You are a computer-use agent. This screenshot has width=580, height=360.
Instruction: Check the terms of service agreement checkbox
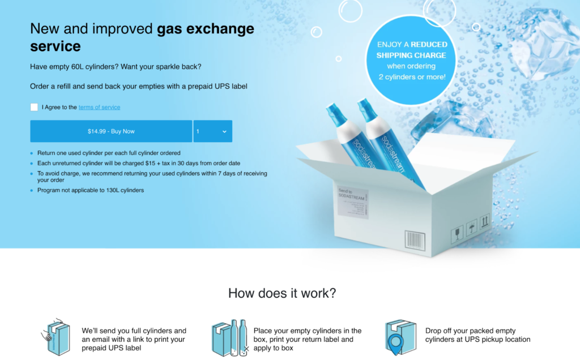click(35, 107)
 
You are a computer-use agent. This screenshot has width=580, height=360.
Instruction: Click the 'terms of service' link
click(99, 108)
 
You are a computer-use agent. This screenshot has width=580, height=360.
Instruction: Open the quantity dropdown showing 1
click(212, 131)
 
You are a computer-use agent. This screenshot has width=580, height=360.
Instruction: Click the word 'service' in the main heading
click(56, 46)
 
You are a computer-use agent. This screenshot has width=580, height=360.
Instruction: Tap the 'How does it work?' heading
click(282, 293)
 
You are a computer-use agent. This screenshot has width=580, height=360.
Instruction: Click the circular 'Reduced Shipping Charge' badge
click(412, 60)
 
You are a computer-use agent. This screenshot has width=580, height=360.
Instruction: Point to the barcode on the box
click(415, 240)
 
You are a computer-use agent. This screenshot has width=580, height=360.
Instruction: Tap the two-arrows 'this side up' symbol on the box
click(485, 221)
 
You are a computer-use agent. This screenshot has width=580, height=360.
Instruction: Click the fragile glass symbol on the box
click(457, 234)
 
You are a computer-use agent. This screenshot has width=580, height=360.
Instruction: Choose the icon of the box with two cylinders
click(229, 338)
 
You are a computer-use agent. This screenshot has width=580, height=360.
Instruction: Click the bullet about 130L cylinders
click(91, 190)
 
